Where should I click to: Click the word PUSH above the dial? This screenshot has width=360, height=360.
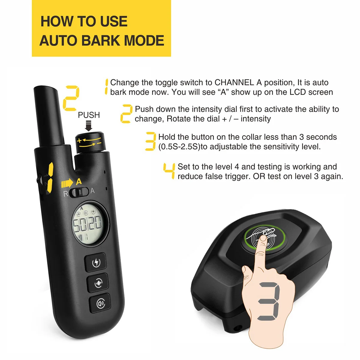pyautogui.click(x=89, y=115)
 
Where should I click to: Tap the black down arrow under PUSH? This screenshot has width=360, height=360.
pyautogui.click(x=88, y=126)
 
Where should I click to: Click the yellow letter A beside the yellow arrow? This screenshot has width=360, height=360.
pyautogui.click(x=79, y=181)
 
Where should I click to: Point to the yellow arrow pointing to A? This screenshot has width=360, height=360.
pyautogui.click(x=67, y=183)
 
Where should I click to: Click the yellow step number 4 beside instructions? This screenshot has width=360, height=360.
pyautogui.click(x=169, y=171)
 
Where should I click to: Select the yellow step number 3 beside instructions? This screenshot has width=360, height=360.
pyautogui.click(x=151, y=141)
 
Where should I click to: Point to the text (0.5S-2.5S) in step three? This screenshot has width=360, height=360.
pyautogui.click(x=179, y=147)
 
